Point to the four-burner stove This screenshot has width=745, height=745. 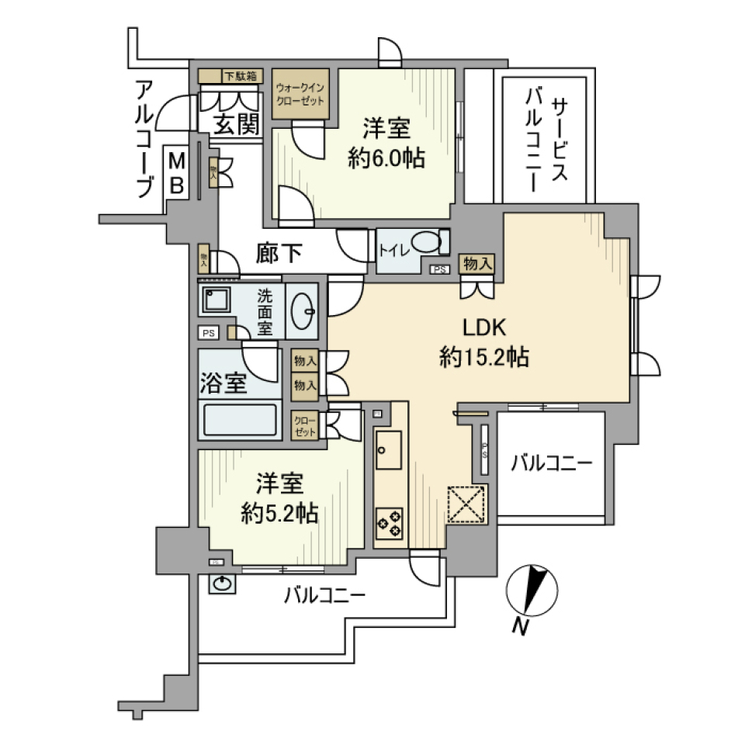(389, 521)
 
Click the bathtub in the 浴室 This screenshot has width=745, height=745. (240, 421)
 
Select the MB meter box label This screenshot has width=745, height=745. (177, 174)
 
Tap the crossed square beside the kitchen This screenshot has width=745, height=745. (467, 505)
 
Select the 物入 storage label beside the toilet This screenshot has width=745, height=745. (476, 263)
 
